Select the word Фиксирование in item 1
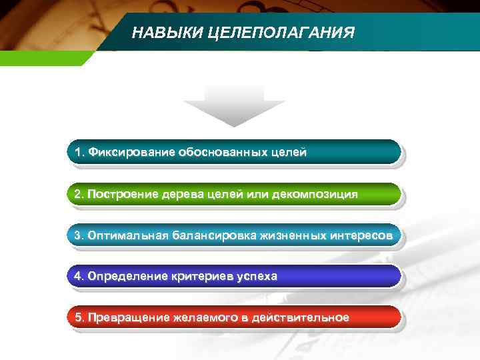coord(132,153)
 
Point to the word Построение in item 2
coord(122,194)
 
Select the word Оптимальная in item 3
coord(129,235)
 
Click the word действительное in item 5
coord(305,317)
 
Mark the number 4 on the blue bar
coord(78,276)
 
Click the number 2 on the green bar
coord(78,194)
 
